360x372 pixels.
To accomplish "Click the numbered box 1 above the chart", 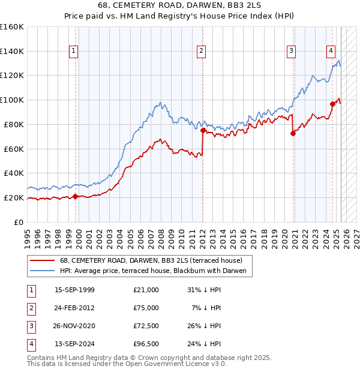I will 73,52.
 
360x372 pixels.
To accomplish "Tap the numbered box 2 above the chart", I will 201,52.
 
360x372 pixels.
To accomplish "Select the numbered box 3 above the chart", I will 291,52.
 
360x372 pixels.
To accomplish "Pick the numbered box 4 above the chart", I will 331,52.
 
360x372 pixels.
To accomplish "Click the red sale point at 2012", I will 203,130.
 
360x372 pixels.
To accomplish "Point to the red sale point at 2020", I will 293,133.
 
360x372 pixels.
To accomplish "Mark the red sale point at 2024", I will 332,104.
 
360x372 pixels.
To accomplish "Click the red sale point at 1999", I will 75,196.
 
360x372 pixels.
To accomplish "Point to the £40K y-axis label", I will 13,173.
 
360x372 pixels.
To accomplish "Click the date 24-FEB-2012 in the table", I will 74,308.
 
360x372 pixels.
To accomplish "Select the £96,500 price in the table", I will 146,344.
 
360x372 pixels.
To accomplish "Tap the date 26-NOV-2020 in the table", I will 74,326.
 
